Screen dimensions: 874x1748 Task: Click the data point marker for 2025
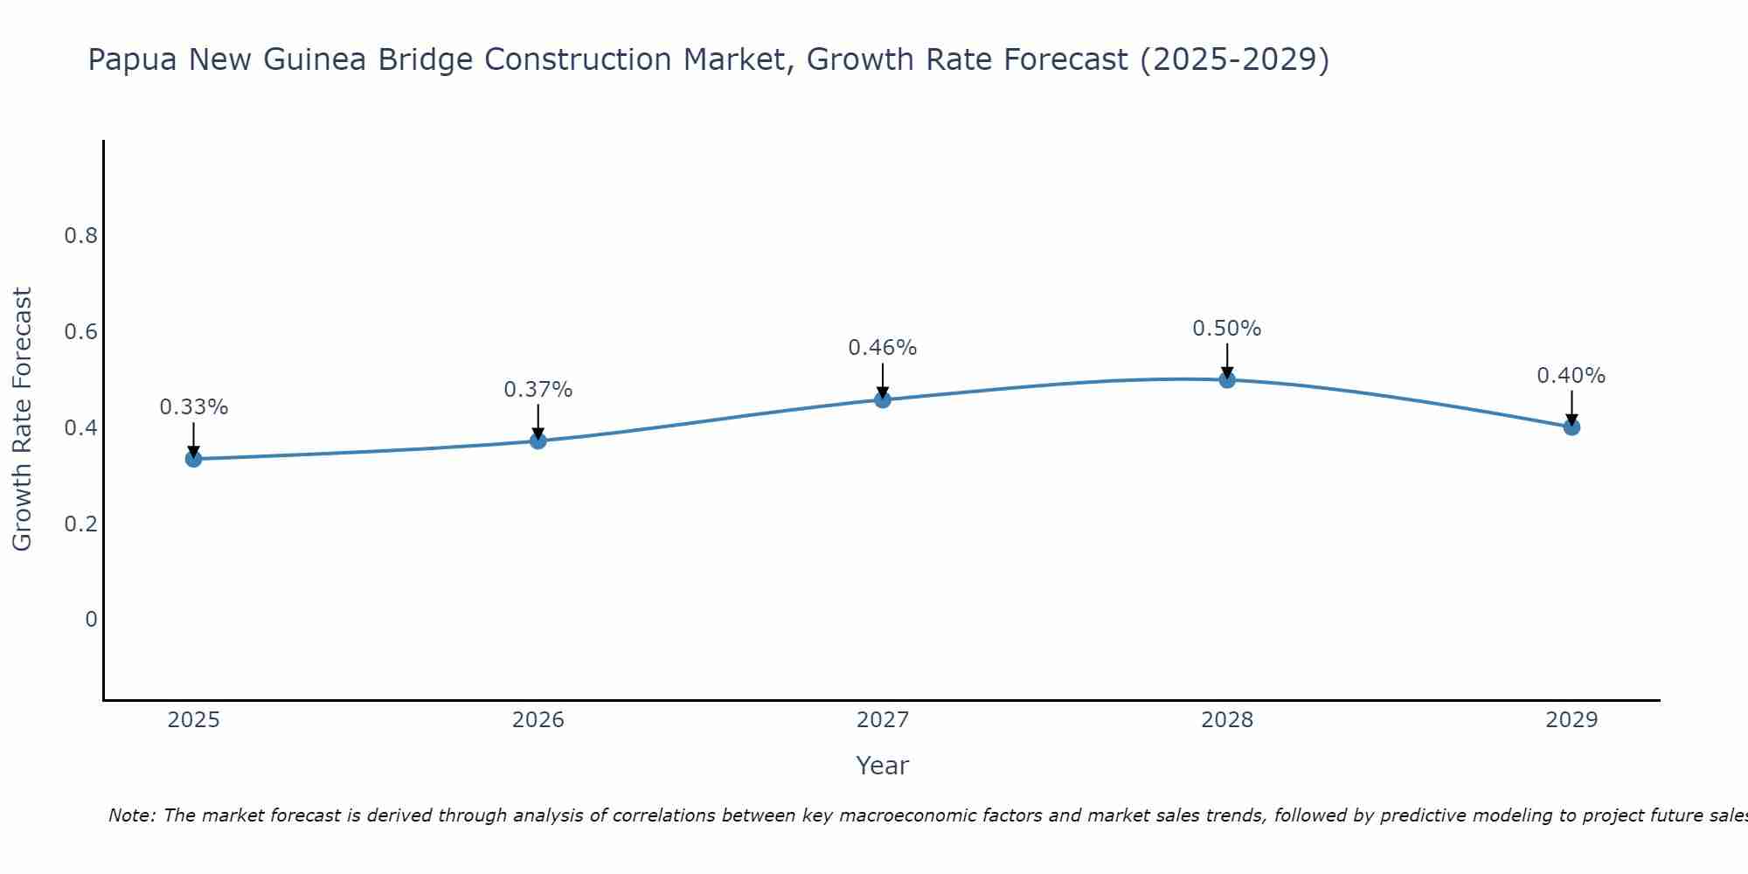pos(194,459)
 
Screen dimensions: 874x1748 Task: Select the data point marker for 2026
pos(538,440)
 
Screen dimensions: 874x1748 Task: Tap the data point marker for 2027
pos(883,399)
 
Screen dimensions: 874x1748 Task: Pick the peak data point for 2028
pos(1227,379)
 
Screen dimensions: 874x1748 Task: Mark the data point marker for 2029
pos(1571,427)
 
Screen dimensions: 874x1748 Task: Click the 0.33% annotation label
pos(194,407)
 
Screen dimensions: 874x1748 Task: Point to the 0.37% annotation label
pos(538,390)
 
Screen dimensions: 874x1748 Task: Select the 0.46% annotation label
pos(883,348)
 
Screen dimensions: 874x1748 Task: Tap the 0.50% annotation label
pos(1227,329)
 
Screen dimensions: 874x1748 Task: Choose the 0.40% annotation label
pos(1571,376)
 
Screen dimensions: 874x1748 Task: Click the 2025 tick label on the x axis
pos(194,720)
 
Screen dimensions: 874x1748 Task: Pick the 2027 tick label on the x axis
pos(883,720)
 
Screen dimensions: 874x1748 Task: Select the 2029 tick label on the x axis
pos(1571,720)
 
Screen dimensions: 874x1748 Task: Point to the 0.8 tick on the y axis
pos(80,236)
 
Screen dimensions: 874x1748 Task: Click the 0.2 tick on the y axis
pos(80,524)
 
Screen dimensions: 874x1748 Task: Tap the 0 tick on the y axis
pos(91,620)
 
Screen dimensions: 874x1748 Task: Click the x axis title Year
pos(883,766)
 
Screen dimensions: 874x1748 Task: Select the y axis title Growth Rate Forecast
pos(23,420)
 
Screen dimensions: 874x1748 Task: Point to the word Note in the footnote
pos(131,815)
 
